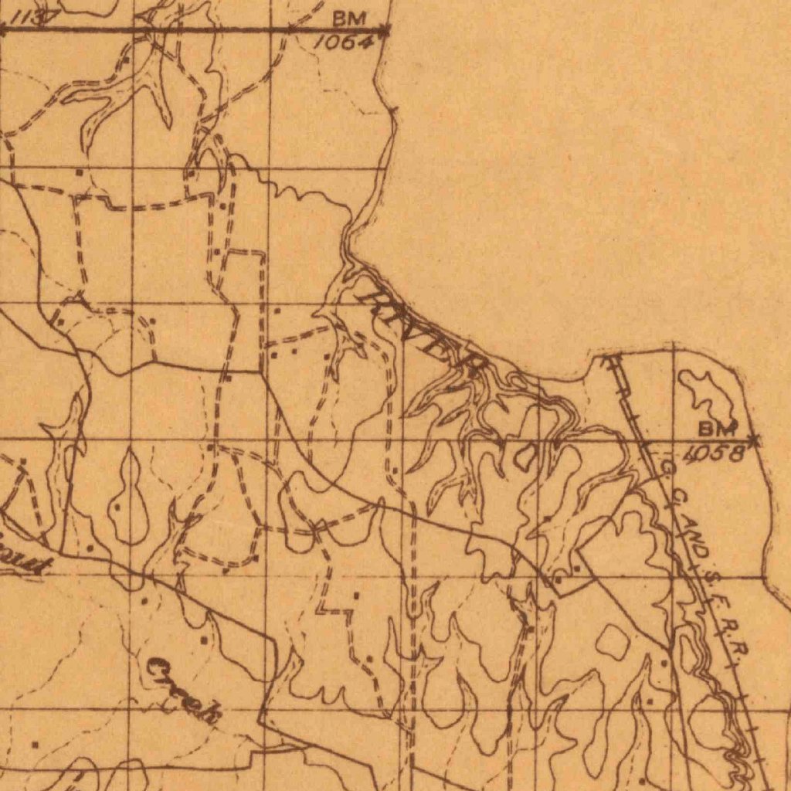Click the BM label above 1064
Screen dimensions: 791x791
[349, 18]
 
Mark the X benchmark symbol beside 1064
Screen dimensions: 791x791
[385, 31]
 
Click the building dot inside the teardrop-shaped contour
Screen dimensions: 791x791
[117, 509]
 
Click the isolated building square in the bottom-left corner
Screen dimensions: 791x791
[35, 745]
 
